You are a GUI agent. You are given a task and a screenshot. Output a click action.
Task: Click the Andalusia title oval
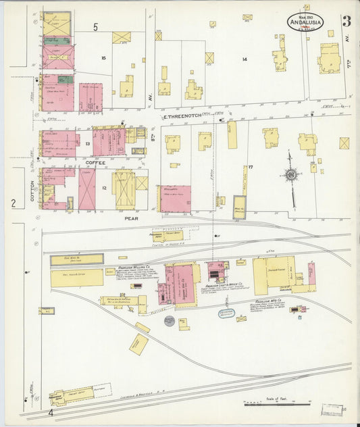point(305,21)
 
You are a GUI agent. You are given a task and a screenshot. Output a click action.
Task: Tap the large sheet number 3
point(346,21)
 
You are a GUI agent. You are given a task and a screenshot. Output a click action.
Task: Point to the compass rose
point(290,174)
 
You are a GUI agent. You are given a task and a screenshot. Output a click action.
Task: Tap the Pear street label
point(131,218)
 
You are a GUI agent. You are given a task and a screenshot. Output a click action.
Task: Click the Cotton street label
point(31,190)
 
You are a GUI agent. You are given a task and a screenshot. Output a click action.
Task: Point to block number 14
point(245,59)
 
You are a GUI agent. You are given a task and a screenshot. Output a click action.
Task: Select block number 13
point(86,144)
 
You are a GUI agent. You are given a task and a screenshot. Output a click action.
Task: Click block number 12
point(104,187)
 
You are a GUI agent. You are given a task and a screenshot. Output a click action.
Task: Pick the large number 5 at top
point(96,27)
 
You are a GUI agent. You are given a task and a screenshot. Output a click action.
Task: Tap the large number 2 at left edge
point(13,203)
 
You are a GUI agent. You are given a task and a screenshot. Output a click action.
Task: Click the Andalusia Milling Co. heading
point(134,268)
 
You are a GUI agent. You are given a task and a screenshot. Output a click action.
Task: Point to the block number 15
point(103,58)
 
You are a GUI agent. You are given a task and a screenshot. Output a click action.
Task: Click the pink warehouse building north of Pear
point(175,199)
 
